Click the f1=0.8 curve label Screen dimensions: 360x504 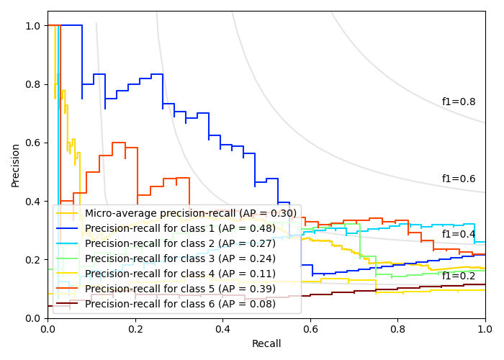click(459, 102)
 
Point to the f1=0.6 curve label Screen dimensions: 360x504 click(459, 179)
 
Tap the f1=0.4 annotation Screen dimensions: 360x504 click(459, 234)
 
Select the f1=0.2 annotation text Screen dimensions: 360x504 click(459, 276)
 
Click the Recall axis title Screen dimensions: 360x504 click(266, 344)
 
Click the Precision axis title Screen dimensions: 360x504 click(16, 165)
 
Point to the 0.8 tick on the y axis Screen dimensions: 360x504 click(33, 84)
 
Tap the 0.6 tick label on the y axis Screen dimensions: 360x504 click(33, 143)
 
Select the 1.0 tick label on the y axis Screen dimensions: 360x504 click(33, 26)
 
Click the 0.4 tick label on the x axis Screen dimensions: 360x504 click(222, 328)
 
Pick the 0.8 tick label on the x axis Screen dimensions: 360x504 click(397, 328)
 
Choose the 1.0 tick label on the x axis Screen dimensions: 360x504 click(485, 328)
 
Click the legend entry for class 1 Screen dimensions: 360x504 click(180, 228)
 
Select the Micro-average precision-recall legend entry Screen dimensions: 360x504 click(190, 213)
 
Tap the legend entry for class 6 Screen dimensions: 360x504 click(180, 304)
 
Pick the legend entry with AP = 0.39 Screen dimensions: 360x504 click(180, 289)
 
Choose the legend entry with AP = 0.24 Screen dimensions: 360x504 click(180, 258)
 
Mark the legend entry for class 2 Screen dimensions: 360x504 click(180, 243)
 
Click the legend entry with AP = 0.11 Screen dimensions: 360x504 click(180, 274)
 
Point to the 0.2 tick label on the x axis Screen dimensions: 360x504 click(135, 328)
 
